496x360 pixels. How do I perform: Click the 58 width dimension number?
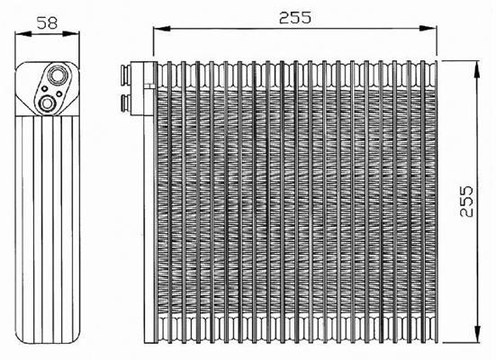coord(47,22)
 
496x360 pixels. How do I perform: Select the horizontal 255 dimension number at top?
coord(295,17)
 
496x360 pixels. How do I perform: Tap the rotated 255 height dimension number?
coord(466,202)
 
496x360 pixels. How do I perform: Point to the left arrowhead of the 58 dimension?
coord(23,33)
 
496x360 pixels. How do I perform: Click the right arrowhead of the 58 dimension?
coord(71,33)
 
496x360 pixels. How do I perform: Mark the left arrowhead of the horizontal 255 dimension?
coord(162,29)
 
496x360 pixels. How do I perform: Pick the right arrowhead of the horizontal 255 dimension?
coord(428,29)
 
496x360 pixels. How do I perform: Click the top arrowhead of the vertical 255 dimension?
coord(477,69)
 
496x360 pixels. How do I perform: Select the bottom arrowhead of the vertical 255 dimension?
coord(477,334)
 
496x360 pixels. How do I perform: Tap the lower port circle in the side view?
coord(48,103)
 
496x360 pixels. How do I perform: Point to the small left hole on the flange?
coord(45,89)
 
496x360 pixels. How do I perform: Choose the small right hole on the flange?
coord(59,94)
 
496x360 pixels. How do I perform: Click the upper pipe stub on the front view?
coord(126,76)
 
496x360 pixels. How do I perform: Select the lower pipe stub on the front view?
coord(126,103)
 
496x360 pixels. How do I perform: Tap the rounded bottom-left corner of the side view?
coord(20,338)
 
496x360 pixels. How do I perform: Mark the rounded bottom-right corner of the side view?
coord(76,338)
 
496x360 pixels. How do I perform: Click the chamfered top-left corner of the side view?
coord(20,67)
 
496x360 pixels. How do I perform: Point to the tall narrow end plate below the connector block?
coord(149,229)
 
